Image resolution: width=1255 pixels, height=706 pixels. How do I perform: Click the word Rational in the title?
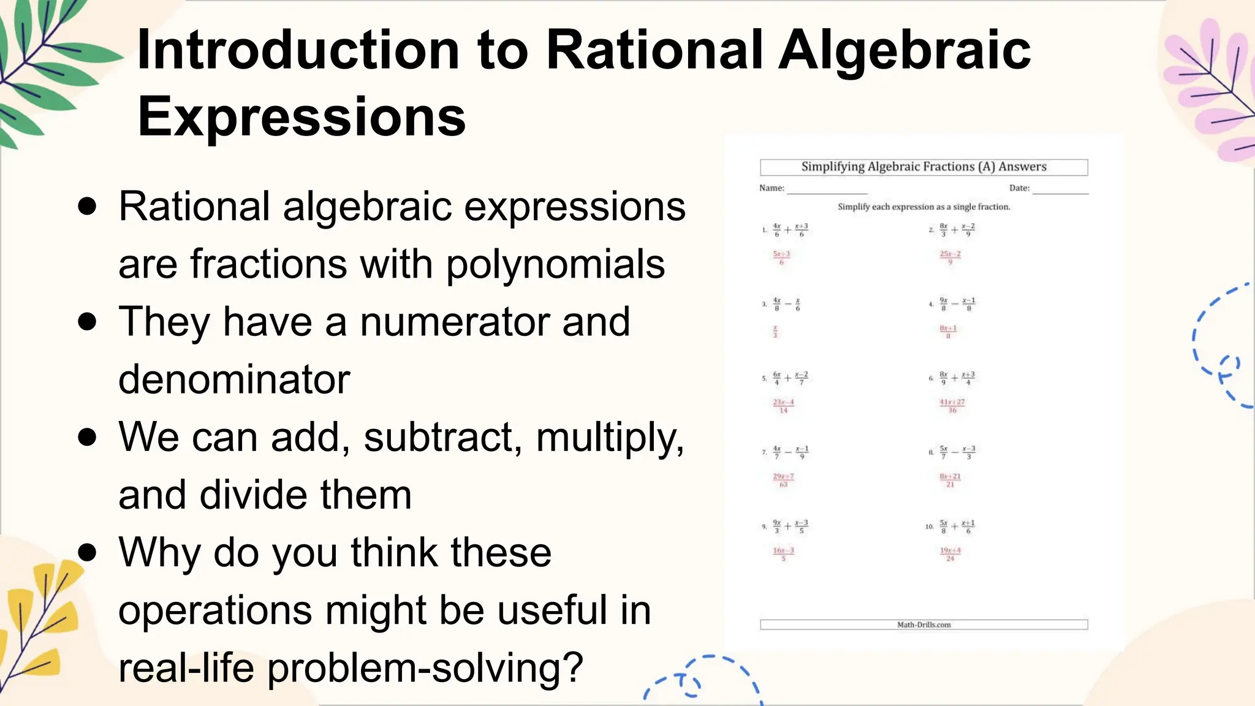[654, 50]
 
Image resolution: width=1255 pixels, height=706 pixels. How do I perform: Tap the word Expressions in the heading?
[301, 116]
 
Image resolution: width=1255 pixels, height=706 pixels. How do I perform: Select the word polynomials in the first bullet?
[555, 264]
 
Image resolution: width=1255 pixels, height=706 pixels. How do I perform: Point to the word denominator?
[234, 379]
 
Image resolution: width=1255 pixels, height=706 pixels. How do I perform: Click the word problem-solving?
[425, 667]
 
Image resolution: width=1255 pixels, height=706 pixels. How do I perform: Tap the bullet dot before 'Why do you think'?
[88, 552]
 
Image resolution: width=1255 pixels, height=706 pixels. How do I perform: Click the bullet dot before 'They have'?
[88, 322]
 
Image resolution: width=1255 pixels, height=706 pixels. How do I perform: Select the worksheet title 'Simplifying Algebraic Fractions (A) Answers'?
[923, 167]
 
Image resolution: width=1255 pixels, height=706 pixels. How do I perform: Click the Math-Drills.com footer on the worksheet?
[923, 624]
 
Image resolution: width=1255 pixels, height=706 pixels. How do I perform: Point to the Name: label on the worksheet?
[772, 188]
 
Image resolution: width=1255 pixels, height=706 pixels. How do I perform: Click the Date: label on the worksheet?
[1019, 188]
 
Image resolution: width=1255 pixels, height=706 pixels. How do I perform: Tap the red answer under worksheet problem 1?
[781, 257]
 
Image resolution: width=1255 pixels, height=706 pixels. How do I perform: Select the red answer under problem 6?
[952, 406]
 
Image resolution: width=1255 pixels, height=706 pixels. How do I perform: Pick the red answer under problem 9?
[783, 554]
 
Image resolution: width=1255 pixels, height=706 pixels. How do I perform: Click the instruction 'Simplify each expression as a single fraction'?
[923, 207]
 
